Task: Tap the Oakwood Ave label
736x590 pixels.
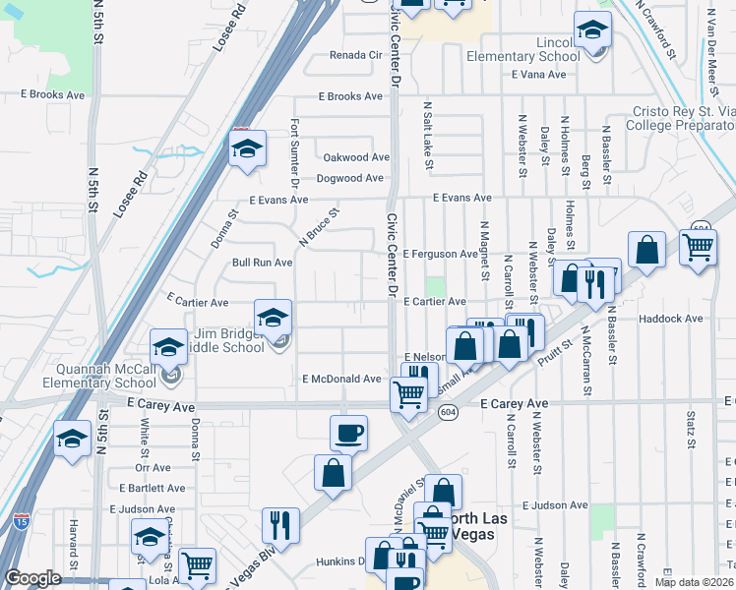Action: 356,157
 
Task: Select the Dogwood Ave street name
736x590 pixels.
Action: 349,178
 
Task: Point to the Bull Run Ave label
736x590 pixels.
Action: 262,263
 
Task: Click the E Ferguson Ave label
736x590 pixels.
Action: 439,254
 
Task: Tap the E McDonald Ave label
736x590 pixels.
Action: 341,379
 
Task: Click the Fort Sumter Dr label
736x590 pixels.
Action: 294,152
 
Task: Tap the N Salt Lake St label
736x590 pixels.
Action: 428,133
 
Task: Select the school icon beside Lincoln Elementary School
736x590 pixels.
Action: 592,30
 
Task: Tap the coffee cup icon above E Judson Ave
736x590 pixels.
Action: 348,433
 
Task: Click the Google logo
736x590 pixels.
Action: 33,579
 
